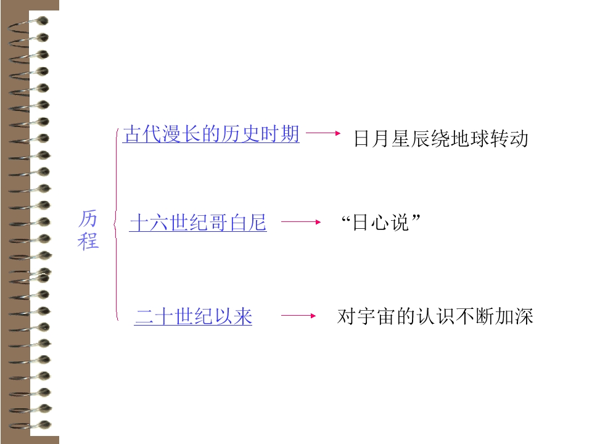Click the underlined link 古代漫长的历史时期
[x=211, y=134]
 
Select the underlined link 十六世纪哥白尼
[x=198, y=223]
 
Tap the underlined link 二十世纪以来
[x=193, y=316]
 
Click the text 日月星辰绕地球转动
[x=441, y=139]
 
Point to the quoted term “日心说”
[x=380, y=222]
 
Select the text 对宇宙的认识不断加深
[x=435, y=316]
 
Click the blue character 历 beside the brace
[x=88, y=219]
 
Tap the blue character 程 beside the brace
[x=88, y=241]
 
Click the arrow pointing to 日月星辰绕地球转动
[x=323, y=133]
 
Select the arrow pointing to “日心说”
[x=301, y=222]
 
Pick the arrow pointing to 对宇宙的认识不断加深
[x=298, y=316]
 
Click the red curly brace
[x=116, y=224]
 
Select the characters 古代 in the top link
[x=142, y=134]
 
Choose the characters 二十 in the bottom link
[x=154, y=316]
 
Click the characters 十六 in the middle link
[x=149, y=223]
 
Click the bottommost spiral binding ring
[x=30, y=425]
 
